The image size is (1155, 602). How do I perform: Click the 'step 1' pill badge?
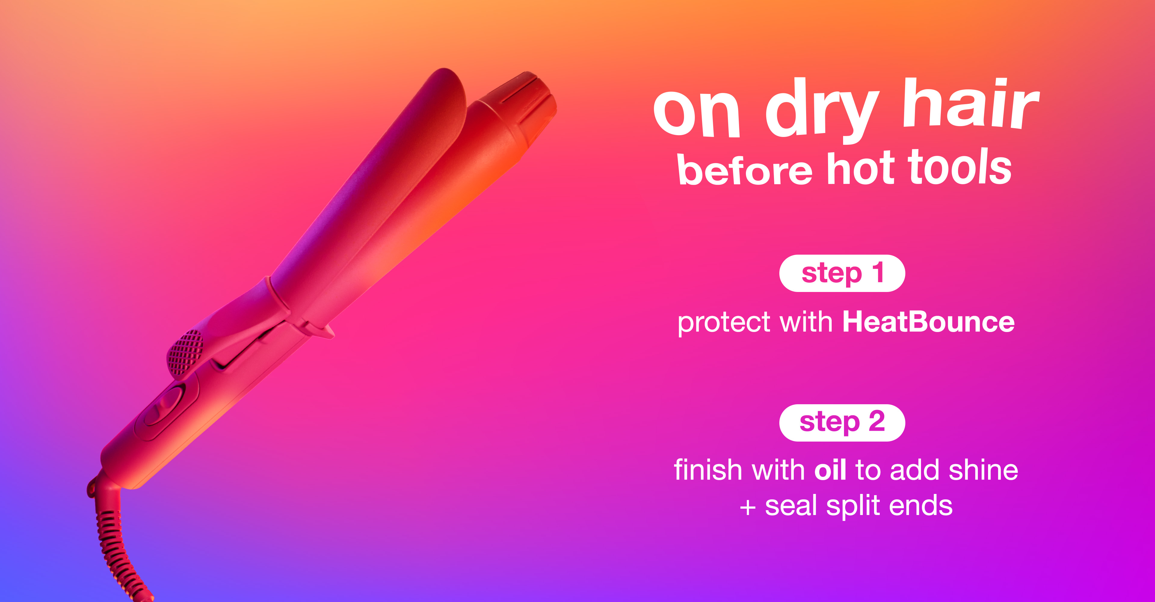[x=842, y=273]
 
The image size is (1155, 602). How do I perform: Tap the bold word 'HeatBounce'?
[x=929, y=322]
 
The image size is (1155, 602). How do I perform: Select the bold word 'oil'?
[x=830, y=470]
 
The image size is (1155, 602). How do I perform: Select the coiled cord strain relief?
[x=112, y=538]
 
